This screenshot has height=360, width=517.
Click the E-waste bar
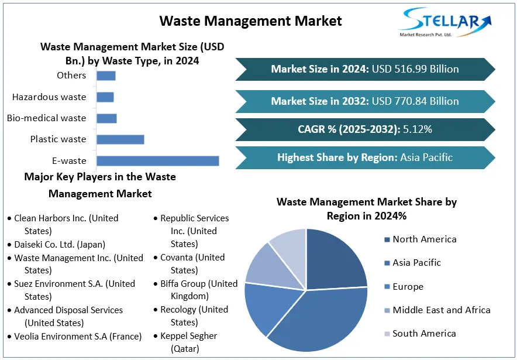(x=157, y=161)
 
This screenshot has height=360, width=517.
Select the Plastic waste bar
(x=120, y=139)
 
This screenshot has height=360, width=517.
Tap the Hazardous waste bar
(x=105, y=97)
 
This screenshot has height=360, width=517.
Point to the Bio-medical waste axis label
(x=46, y=118)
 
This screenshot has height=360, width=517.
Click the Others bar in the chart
(x=106, y=76)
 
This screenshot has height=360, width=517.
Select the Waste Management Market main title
(x=250, y=21)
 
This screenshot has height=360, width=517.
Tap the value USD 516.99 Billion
(x=415, y=69)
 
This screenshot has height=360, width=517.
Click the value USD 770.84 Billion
(x=415, y=101)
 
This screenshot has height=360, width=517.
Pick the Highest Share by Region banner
(x=365, y=157)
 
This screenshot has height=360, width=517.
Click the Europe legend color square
(x=387, y=287)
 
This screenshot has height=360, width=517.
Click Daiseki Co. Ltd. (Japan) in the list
(x=60, y=245)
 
